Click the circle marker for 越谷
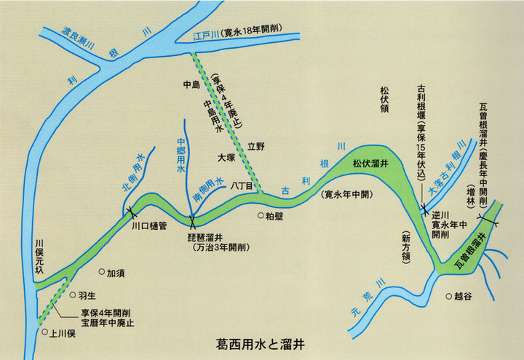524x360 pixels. [x=448, y=296]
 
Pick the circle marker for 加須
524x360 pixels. [x=102, y=273]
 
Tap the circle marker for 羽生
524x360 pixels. [x=71, y=295]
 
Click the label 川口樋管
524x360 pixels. [x=149, y=226]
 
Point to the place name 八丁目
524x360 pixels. [x=240, y=186]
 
